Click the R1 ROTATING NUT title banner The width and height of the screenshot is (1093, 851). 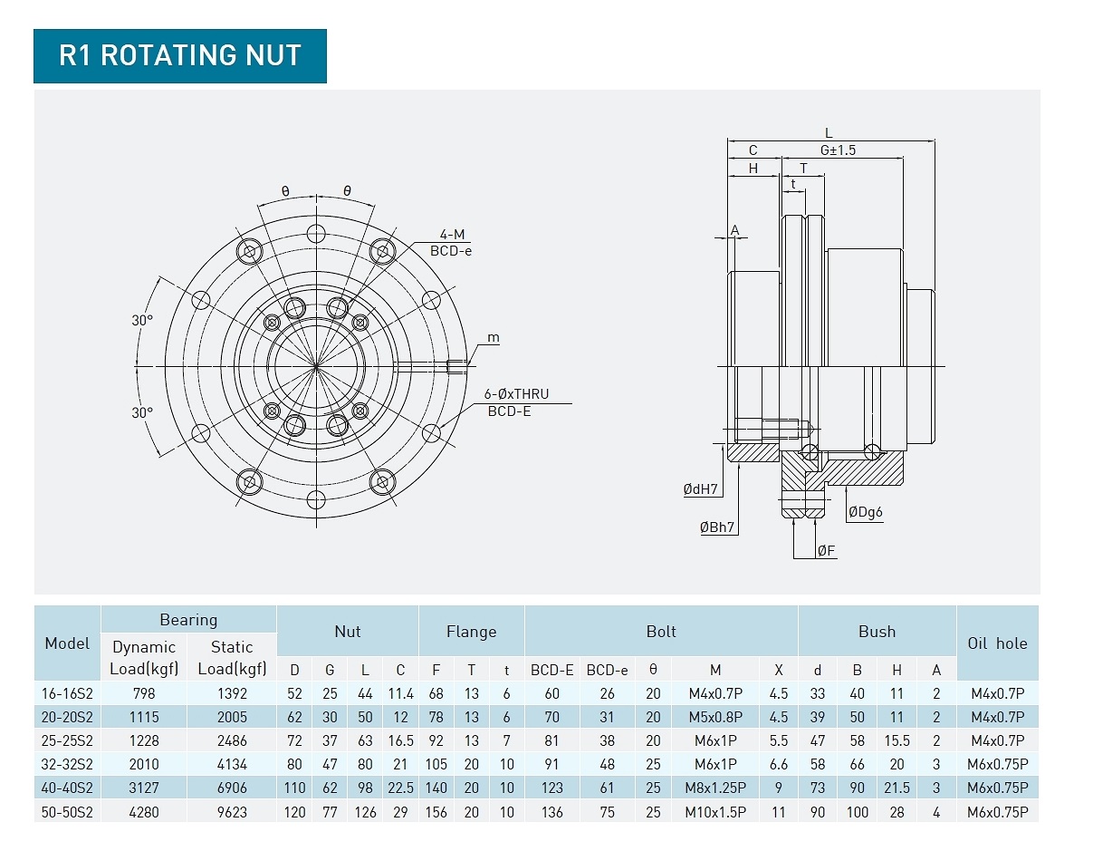179,56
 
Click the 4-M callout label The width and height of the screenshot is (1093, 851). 452,234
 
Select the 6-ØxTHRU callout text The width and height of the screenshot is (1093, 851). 516,393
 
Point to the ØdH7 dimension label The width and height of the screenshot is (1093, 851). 700,488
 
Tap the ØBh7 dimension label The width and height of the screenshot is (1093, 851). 717,527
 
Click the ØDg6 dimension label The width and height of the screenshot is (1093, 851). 865,512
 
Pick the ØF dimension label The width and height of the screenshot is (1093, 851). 826,550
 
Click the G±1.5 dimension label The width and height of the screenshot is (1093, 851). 838,150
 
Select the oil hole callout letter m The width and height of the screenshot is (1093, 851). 494,338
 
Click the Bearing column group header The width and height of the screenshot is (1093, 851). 188,620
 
